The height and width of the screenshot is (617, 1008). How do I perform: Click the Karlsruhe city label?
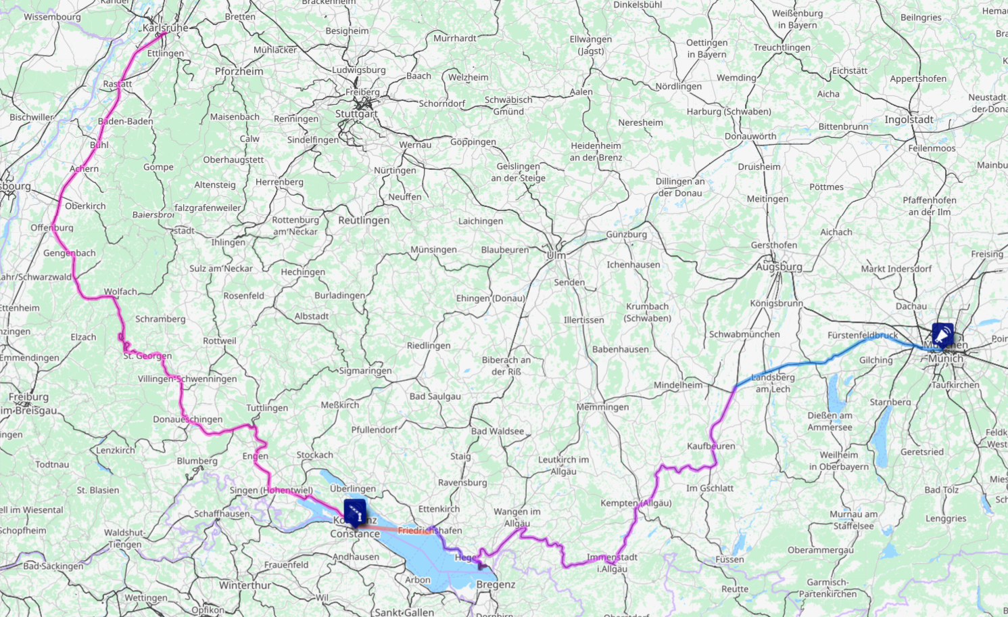(166, 28)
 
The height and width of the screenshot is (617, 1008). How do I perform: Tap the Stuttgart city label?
(356, 114)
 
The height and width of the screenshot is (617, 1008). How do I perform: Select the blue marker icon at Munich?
(942, 334)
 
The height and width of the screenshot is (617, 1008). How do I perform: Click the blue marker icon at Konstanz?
(355, 511)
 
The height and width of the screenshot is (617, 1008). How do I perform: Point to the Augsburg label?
(779, 267)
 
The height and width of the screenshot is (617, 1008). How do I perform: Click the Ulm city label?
(556, 255)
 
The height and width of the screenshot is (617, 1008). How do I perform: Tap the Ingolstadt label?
(909, 120)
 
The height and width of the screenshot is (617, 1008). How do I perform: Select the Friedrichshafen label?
(429, 530)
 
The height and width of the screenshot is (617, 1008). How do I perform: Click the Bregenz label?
(496, 585)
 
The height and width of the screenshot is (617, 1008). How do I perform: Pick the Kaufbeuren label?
(711, 446)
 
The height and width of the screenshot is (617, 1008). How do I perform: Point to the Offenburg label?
(52, 227)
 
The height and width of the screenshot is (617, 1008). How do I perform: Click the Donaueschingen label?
(187, 419)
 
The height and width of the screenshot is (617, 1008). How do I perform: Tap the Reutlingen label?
(364, 221)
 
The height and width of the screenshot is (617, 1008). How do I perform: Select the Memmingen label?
(602, 407)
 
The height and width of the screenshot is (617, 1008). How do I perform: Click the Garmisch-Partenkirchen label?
(827, 588)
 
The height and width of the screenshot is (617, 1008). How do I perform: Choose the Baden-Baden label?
(126, 121)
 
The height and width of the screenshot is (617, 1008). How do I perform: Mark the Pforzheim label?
(239, 71)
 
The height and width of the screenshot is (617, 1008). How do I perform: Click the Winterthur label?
(245, 585)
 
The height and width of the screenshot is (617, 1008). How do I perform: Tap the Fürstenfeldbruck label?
(863, 335)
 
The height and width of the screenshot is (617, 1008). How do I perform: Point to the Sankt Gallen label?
(404, 612)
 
